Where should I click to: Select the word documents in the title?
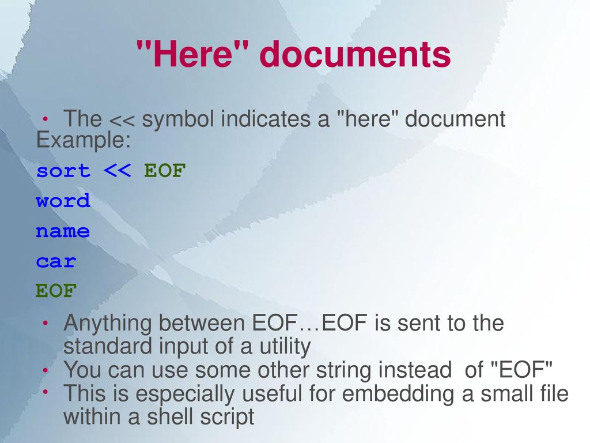[x=355, y=55]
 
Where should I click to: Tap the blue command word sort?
[x=63, y=171]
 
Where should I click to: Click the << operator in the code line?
[x=118, y=171]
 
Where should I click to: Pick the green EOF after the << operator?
[x=165, y=171]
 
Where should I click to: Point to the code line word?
[x=63, y=201]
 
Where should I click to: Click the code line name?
[x=63, y=232]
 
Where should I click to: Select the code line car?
[x=56, y=262]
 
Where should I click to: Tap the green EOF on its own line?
[x=56, y=292]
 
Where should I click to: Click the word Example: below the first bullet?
[x=84, y=140]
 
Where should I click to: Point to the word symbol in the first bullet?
[x=179, y=120]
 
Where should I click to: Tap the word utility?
[x=281, y=347]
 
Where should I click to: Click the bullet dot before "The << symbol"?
[x=46, y=119]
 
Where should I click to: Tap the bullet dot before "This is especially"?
[x=46, y=392]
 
